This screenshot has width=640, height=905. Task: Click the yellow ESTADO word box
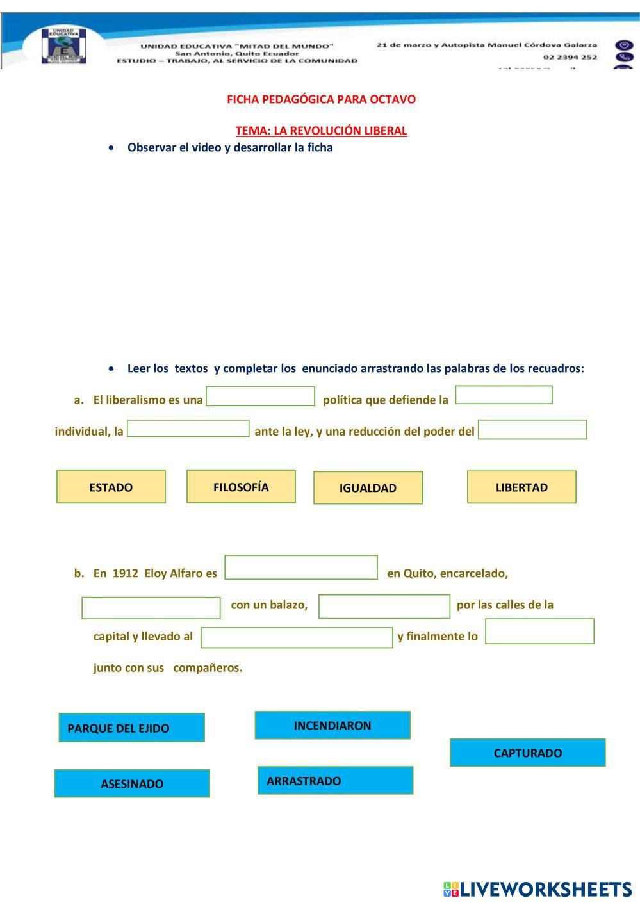(x=111, y=487)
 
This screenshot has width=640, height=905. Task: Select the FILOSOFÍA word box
(x=241, y=487)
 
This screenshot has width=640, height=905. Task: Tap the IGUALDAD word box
(x=368, y=487)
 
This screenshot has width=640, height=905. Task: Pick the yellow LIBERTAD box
(x=521, y=487)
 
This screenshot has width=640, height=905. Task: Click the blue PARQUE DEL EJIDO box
(x=131, y=728)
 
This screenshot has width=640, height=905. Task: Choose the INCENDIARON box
(x=332, y=725)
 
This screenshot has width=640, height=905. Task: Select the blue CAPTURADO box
(x=527, y=753)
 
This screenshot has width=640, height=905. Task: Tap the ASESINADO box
(x=132, y=783)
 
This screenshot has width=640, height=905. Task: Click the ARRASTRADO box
(x=335, y=780)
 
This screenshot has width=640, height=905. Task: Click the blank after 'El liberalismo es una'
(x=260, y=396)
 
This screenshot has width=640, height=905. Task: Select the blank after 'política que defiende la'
(x=504, y=395)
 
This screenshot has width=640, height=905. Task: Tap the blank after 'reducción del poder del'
(x=532, y=430)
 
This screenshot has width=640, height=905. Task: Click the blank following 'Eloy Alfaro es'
(x=301, y=567)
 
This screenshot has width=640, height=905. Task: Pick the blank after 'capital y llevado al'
(x=297, y=637)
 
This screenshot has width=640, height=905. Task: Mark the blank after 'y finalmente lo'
(x=539, y=632)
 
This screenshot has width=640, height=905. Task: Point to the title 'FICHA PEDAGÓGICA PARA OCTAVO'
(x=321, y=99)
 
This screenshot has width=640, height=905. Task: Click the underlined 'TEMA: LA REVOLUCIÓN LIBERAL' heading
(x=321, y=131)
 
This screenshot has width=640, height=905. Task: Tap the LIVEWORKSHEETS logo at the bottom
(x=537, y=889)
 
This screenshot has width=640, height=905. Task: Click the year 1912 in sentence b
(x=126, y=573)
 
